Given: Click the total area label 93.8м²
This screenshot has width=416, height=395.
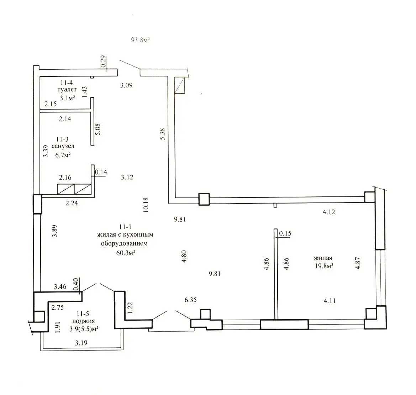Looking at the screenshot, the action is coord(141,40).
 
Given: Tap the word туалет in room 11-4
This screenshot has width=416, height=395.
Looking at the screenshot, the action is coord(67,90).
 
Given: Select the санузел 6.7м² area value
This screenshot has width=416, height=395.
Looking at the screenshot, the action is coord(63,155).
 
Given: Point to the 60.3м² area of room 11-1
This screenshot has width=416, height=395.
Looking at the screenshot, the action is coord(126,253).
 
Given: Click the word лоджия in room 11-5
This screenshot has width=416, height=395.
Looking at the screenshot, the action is coord(83,322).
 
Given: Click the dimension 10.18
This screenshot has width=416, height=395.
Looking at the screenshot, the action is coord(146,205).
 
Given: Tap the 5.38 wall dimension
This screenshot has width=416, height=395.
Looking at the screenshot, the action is coord(163,134).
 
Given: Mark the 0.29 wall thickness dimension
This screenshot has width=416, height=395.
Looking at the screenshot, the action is coord(104,61).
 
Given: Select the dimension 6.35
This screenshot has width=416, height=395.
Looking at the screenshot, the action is coord(190,300).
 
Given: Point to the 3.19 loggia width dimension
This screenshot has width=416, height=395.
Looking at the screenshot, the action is coord(81,343).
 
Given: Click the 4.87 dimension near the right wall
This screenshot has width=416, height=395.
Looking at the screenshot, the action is coord(358,263).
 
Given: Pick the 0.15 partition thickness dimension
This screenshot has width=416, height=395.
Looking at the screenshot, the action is coord(285,233).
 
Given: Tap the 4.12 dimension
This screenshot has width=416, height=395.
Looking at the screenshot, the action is coord(329,212).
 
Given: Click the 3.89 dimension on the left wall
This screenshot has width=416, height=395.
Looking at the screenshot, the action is coord(54,231).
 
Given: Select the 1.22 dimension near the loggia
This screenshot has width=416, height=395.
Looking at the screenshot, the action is coord(130,308).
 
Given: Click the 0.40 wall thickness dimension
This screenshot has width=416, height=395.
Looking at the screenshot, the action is coord(75,284).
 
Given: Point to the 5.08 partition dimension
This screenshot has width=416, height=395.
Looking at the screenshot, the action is coord(98,129).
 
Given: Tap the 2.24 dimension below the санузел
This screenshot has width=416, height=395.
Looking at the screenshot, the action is coord(72,203).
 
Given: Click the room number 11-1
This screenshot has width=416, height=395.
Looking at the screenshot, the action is coord(125,227).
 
